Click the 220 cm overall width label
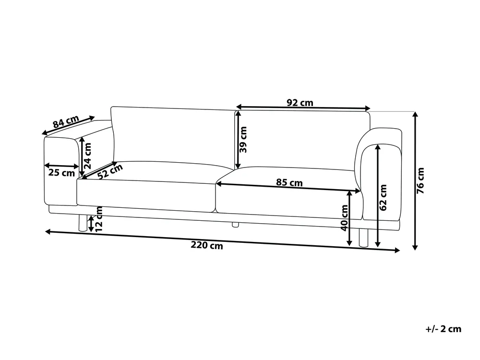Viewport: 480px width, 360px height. (x=207, y=245)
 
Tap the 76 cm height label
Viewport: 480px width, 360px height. (x=421, y=180)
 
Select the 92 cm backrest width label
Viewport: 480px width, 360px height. (x=300, y=103)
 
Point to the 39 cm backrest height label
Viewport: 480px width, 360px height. (x=243, y=140)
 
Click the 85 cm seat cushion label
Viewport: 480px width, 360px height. (x=289, y=182)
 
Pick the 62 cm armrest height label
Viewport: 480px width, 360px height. (x=383, y=197)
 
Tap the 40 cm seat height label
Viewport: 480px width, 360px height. (x=344, y=218)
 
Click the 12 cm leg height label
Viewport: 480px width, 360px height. (x=99, y=219)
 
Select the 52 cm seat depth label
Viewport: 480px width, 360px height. (x=110, y=171)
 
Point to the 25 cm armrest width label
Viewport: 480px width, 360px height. (x=61, y=173)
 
